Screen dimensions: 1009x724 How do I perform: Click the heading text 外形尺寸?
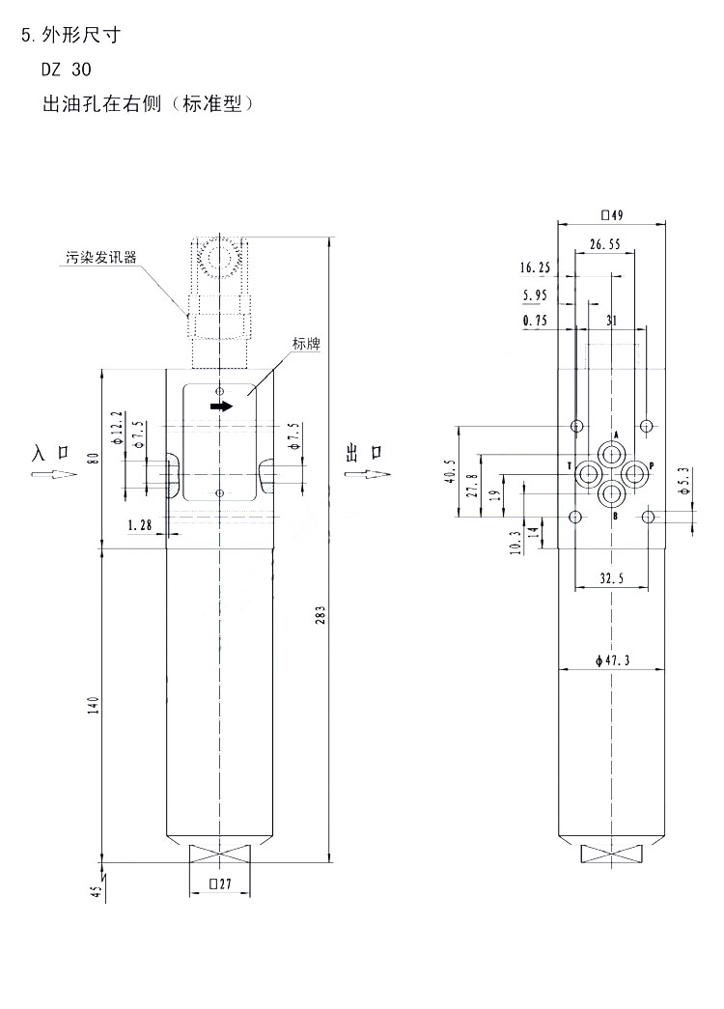[83, 37]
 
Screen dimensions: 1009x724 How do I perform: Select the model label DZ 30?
[67, 70]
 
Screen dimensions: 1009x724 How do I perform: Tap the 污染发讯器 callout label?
[100, 258]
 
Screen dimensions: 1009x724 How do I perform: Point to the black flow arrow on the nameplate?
[221, 406]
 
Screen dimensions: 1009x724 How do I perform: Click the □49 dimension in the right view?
[612, 214]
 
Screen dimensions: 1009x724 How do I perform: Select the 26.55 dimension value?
[604, 245]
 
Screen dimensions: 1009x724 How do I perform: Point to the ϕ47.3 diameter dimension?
[613, 660]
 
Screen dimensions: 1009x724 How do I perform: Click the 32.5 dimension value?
[611, 579]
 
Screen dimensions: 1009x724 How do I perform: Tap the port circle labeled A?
[611, 453]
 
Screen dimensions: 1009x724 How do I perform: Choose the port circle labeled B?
[611, 493]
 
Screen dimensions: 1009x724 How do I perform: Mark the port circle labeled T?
[588, 472]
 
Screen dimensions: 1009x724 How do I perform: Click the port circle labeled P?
[634, 472]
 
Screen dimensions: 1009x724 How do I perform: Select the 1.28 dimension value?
[140, 525]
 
